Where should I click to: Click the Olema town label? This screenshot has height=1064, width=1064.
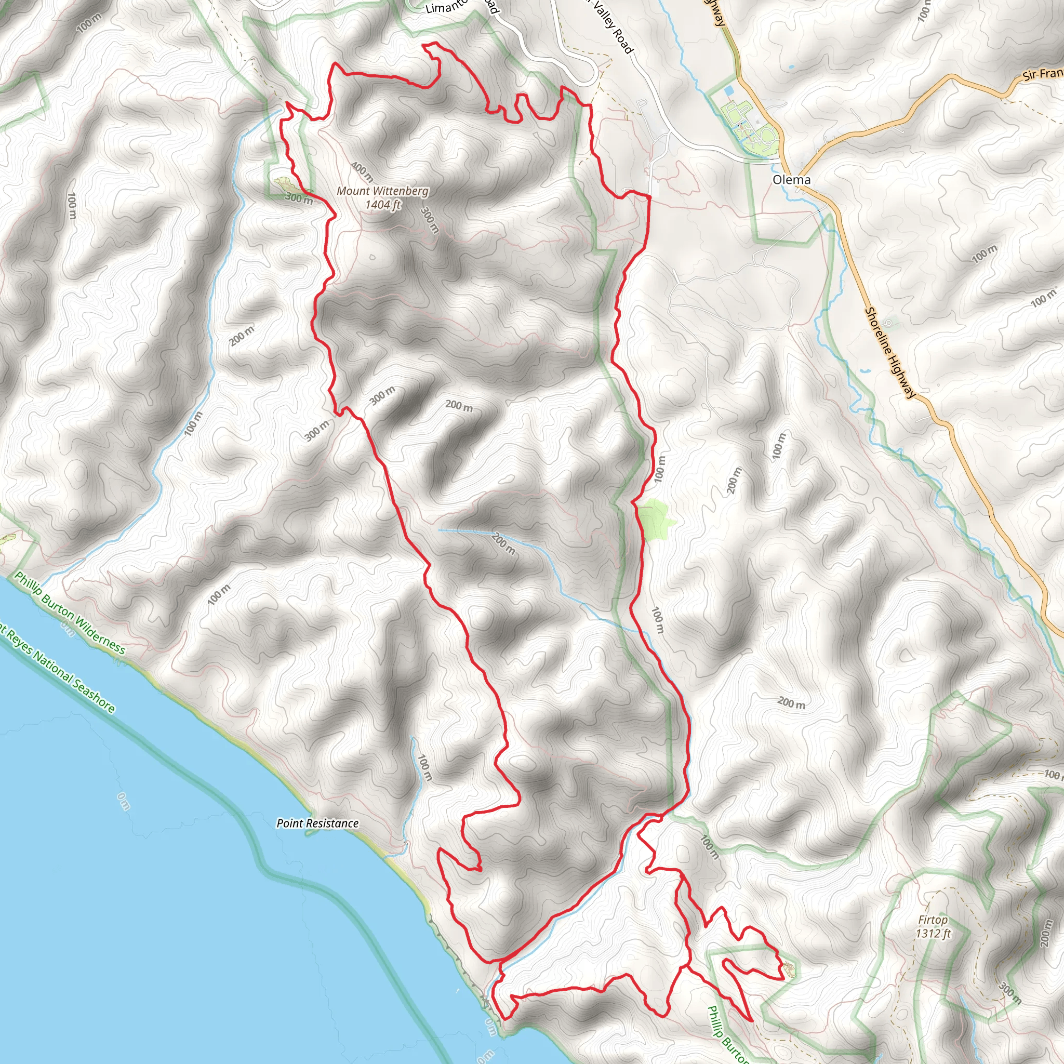pyautogui.click(x=791, y=180)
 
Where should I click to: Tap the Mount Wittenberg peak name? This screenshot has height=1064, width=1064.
pyautogui.click(x=382, y=191)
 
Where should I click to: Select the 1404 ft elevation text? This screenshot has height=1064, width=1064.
pyautogui.click(x=383, y=205)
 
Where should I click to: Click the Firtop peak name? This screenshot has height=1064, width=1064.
pyautogui.click(x=933, y=920)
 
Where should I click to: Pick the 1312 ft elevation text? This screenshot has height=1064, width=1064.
pyautogui.click(x=934, y=934)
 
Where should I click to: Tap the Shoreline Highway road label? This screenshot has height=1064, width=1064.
pyautogui.click(x=888, y=352)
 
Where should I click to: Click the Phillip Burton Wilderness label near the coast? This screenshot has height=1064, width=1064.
pyautogui.click(x=70, y=613)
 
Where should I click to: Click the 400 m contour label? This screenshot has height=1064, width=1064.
pyautogui.click(x=362, y=172)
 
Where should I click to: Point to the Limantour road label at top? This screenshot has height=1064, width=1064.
pyautogui.click(x=447, y=8)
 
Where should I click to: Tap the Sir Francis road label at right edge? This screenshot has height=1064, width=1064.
pyautogui.click(x=1043, y=74)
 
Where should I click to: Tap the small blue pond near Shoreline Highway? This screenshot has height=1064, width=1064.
pyautogui.click(x=862, y=370)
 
